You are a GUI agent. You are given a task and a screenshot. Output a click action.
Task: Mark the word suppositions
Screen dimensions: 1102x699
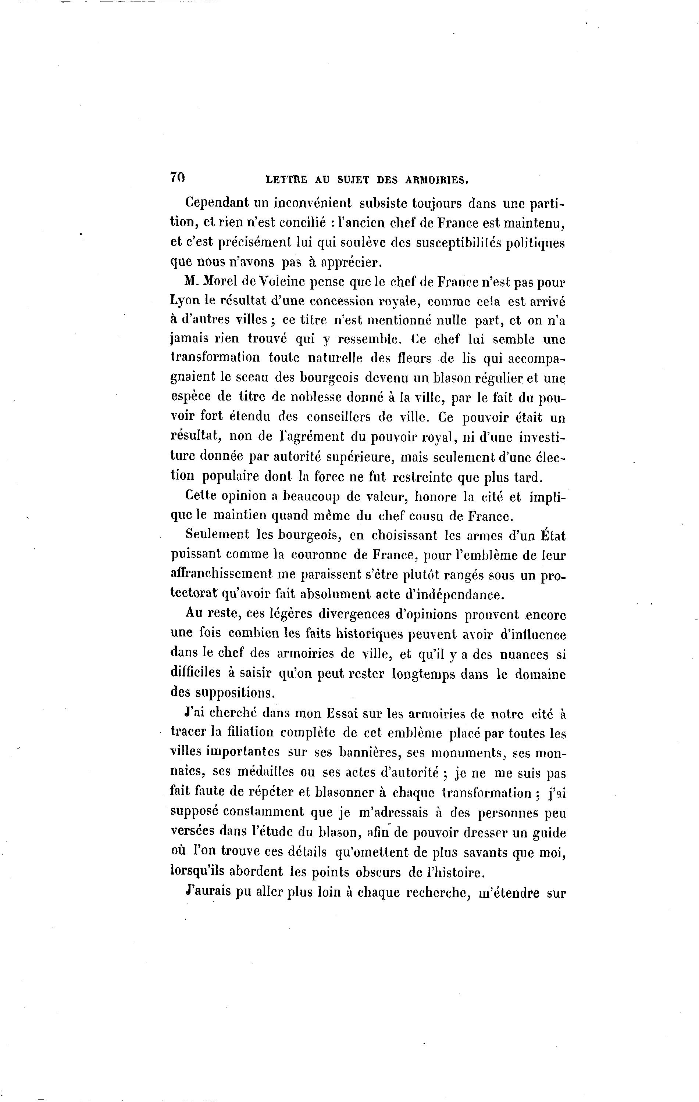(x=222, y=694)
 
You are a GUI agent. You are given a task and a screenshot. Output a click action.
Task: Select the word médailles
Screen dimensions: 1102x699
(x=266, y=773)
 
